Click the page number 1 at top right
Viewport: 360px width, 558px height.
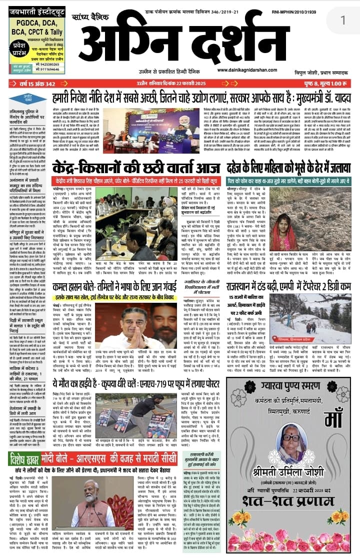coord(343,20)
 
